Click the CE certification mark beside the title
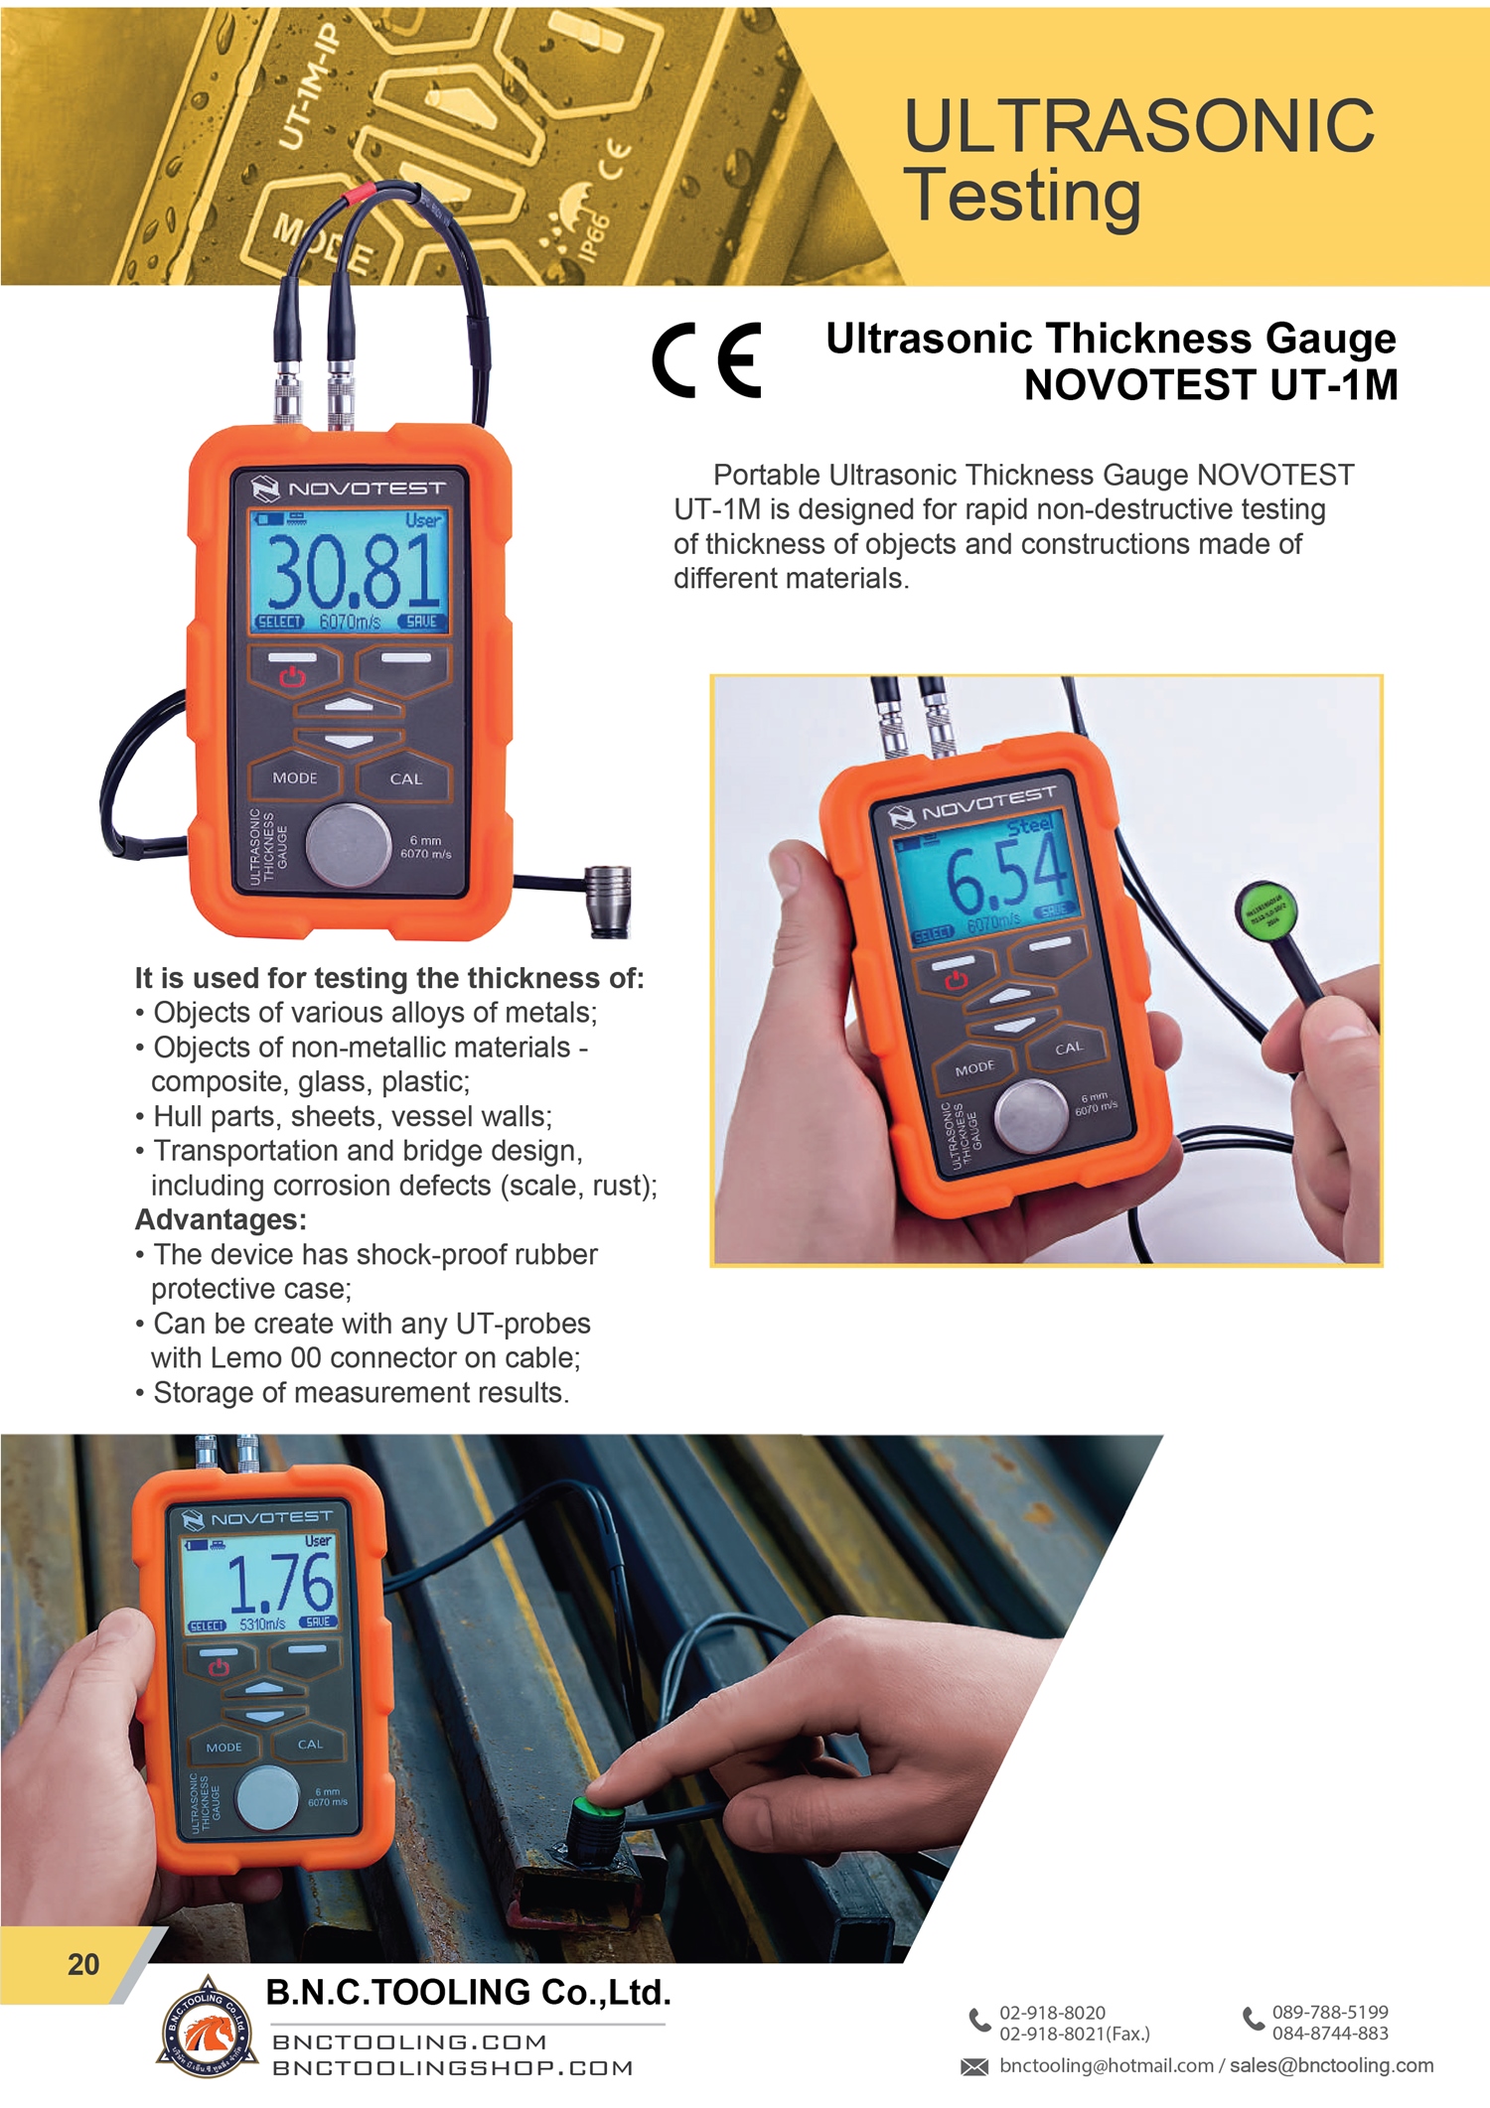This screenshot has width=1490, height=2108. coord(706,359)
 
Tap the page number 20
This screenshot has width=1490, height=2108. coord(83,1964)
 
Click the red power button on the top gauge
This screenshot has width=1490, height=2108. coord(292,676)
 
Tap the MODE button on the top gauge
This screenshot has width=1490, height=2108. coord(295,778)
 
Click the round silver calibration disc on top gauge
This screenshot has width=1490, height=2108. coord(348,846)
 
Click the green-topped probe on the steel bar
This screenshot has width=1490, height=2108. coord(599,1814)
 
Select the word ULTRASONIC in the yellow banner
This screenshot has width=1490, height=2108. coord(1138,126)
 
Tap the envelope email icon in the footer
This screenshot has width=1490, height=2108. coord(974,2066)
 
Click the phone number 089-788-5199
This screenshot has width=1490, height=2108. coord(1330,2012)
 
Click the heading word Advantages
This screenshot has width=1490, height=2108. coord(221,1219)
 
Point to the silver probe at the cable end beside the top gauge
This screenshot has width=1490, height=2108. coord(608,899)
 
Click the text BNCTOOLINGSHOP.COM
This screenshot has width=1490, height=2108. coord(453,2068)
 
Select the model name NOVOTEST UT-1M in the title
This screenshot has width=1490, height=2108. coord(1210,385)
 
